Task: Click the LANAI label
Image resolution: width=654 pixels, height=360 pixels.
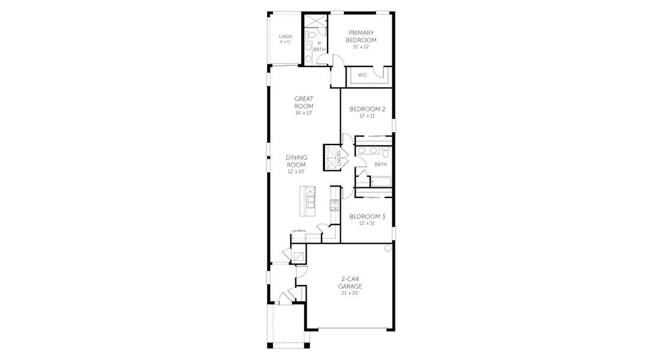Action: pos(286,37)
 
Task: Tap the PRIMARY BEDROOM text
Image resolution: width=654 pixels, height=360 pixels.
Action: pos(361,36)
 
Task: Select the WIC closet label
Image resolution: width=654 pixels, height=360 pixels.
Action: pos(362,75)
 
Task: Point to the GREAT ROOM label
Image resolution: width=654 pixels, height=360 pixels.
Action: pos(304,102)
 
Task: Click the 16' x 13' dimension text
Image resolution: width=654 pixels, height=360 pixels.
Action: pos(304,113)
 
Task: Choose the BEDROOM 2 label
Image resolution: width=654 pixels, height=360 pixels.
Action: pos(367,109)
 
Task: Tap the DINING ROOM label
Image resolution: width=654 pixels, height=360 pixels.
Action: pos(296,161)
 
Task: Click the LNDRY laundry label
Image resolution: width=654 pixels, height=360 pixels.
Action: pos(339,158)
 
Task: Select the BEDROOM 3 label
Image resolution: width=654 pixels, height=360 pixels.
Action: pos(367,216)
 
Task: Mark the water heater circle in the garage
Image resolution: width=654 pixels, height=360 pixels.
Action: pos(388,248)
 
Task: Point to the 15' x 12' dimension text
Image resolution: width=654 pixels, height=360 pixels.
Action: pos(361,47)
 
